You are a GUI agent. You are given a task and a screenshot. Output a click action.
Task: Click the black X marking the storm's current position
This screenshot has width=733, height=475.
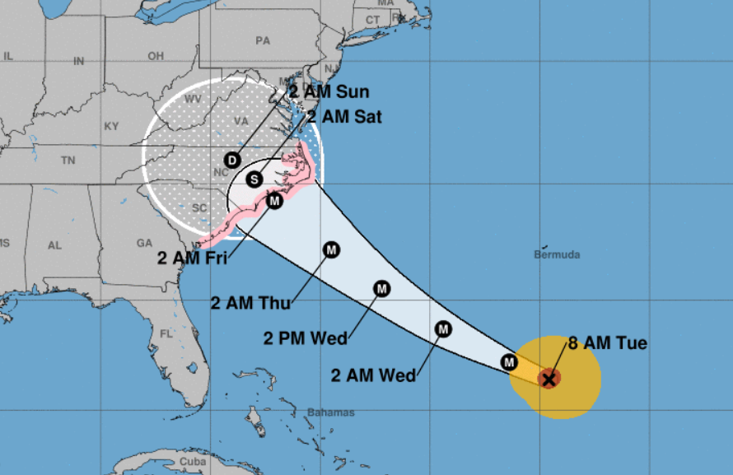pos(549,379)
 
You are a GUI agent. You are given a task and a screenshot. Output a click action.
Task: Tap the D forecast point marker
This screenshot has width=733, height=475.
pos(233,159)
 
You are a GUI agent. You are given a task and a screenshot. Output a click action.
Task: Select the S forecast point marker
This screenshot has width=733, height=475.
pos(254,178)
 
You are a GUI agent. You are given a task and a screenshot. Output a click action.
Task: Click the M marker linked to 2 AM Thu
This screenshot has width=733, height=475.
pos(331,249)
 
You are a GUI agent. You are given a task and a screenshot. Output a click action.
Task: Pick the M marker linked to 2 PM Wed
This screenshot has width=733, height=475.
pos(382,288)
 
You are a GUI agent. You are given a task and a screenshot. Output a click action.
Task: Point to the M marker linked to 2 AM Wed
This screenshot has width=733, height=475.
pos(443,329)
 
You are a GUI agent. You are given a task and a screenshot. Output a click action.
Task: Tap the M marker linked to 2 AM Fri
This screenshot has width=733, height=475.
pos(274,201)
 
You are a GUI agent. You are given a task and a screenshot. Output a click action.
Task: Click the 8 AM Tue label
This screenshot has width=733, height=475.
pos(608,343)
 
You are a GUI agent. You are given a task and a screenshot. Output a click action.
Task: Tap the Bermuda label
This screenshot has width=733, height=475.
pos(557,254)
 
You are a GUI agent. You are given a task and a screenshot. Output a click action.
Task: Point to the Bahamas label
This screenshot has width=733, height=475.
pos(330,412)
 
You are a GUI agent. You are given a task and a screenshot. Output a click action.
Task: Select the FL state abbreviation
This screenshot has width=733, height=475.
pos(167,334)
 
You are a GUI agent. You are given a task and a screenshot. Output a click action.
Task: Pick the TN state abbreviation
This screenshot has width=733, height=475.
pos(68,161)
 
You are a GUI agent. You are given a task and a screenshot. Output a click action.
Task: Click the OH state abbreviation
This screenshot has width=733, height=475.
pos(156,56)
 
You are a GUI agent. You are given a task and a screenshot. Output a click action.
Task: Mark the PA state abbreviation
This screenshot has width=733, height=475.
pos(263,40)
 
